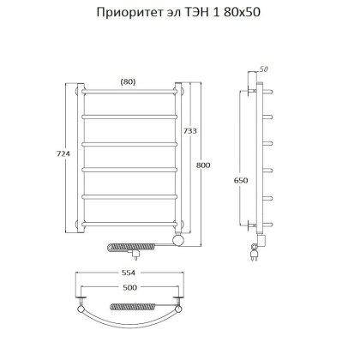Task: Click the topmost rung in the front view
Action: point(129,93)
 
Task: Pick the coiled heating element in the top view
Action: point(129,305)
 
